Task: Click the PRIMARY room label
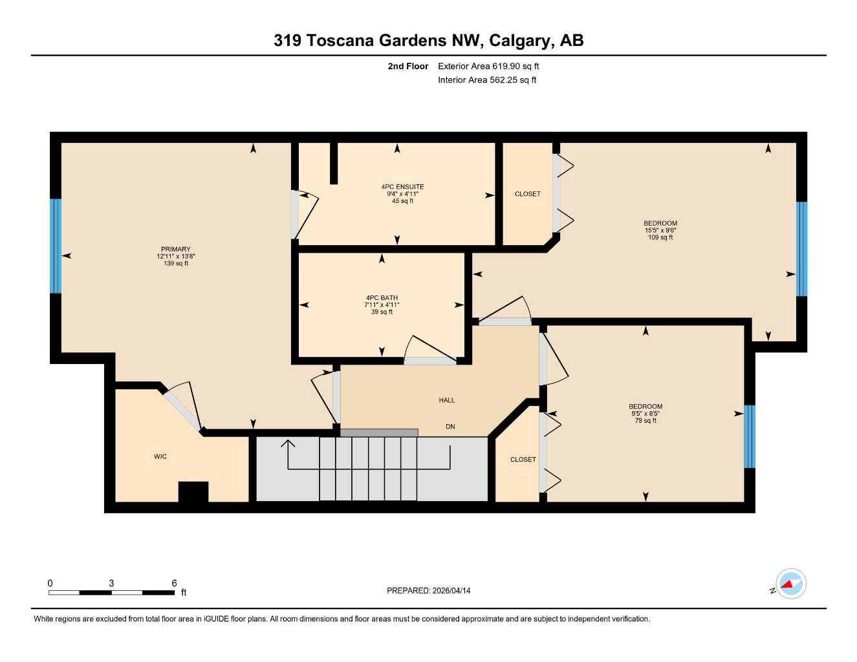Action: (175, 250)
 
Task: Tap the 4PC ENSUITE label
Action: (402, 187)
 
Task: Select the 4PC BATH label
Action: (382, 298)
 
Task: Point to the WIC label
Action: (160, 456)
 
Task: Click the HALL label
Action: (447, 400)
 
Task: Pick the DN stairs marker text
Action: (450, 427)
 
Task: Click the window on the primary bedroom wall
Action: (56, 246)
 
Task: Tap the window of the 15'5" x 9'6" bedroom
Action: (801, 249)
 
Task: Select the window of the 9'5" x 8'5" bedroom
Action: (749, 436)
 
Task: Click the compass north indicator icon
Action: (790, 584)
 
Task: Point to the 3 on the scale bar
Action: (111, 583)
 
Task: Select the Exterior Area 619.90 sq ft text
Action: (488, 66)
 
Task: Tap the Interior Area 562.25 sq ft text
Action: (487, 80)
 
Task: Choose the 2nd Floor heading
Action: (407, 66)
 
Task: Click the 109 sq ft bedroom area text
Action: (660, 237)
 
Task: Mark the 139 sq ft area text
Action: (175, 263)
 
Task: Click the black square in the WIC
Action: (193, 491)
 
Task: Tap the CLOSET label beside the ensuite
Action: (527, 194)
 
